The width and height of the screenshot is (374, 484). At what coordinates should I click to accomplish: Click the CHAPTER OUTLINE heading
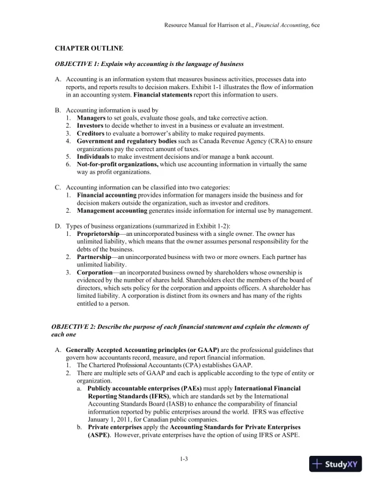pyautogui.click(x=89, y=48)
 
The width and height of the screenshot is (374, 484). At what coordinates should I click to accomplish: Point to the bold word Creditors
pyautogui.click(x=90, y=133)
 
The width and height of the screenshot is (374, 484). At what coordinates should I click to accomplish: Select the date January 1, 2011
pyautogui.click(x=112, y=419)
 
